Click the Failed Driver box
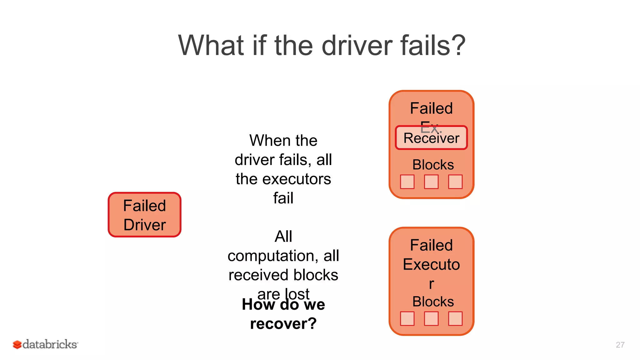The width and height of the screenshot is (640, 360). [x=144, y=215]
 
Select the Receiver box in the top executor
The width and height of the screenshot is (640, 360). [x=431, y=138]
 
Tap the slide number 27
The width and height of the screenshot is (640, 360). [x=620, y=345]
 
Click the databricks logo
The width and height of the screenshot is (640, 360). [x=45, y=344]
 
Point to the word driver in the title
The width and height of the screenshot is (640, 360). [x=357, y=46]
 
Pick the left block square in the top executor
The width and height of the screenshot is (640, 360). [x=407, y=182]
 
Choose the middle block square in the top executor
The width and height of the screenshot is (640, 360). [x=431, y=182]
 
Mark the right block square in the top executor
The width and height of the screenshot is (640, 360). [x=455, y=182]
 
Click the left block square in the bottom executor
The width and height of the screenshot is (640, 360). [x=407, y=319]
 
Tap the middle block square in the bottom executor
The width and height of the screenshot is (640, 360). [x=431, y=319]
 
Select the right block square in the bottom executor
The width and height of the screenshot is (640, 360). [x=455, y=319]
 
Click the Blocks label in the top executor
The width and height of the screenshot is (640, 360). [x=433, y=165]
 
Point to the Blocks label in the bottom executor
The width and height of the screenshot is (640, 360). [x=433, y=302]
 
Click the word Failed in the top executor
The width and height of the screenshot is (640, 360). [x=431, y=108]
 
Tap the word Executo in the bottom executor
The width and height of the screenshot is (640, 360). [x=431, y=264]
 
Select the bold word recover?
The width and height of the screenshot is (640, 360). [x=283, y=324]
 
